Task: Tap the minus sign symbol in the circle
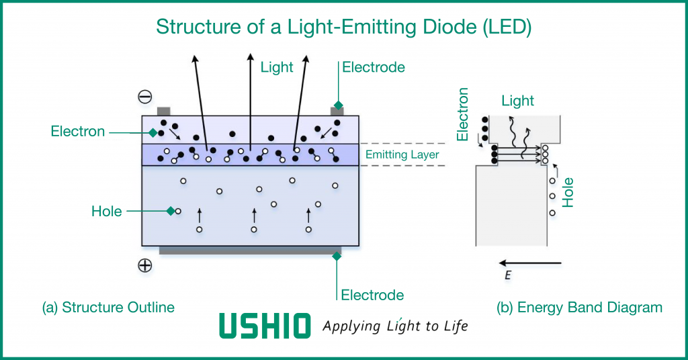pos(145,97)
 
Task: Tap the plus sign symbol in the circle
pos(145,265)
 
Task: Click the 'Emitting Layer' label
pos(402,155)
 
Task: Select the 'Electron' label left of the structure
pos(78,132)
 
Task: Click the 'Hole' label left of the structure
pos(107,212)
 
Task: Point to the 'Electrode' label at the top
pos(374,67)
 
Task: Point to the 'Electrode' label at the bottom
pos(372,295)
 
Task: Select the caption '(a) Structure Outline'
pos(108,308)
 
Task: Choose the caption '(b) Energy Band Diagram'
pos(579,308)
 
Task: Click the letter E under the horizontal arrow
pos(507,275)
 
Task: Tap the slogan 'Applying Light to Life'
pos(395,326)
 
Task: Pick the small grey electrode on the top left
pos(163,111)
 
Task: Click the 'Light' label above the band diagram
pos(517,101)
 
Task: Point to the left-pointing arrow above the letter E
pos(530,263)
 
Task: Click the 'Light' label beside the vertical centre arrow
pos(277,67)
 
